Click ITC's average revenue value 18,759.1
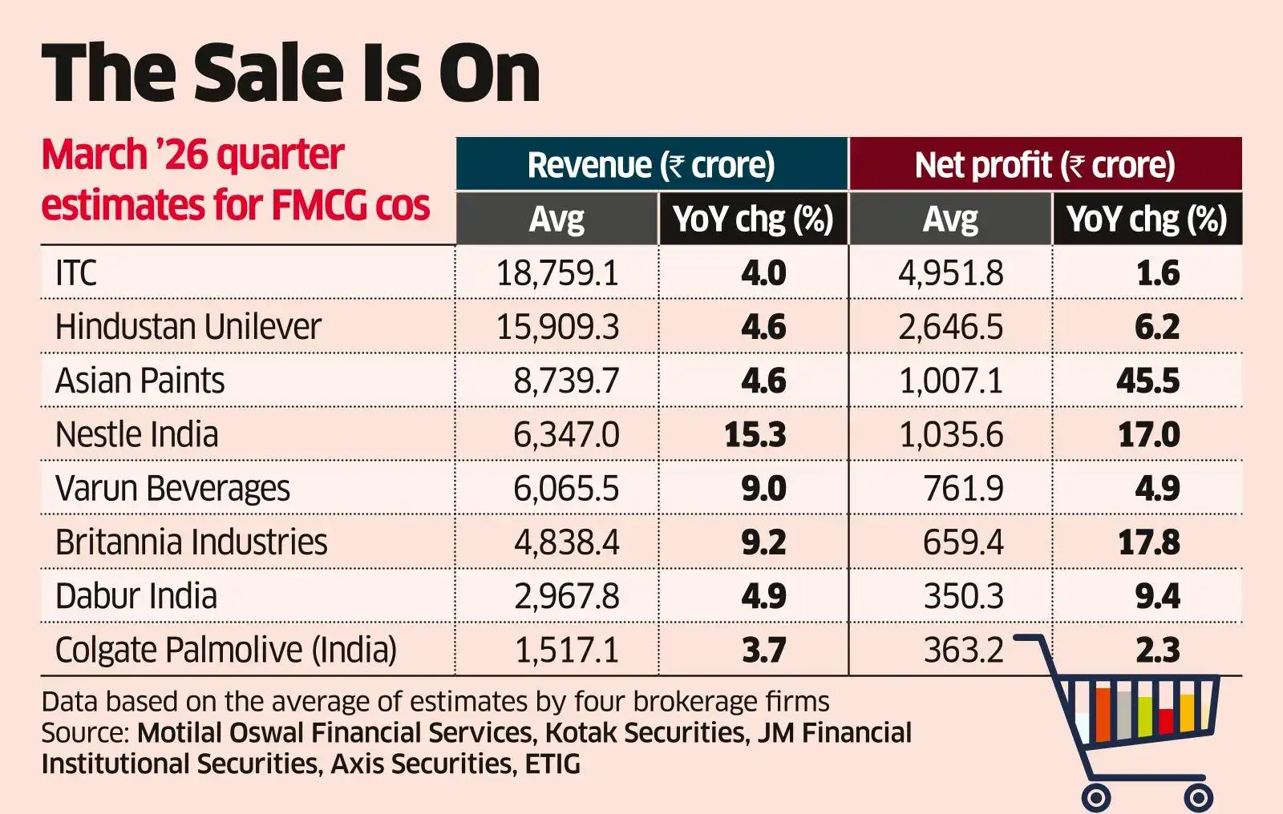(x=557, y=273)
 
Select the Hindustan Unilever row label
(x=188, y=327)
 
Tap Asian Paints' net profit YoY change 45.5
(x=1147, y=381)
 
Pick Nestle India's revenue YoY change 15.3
(x=755, y=434)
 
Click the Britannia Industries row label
(x=191, y=542)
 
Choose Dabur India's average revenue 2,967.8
(x=566, y=596)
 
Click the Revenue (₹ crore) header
(x=651, y=165)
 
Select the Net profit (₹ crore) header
(x=1044, y=165)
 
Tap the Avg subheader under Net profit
(x=950, y=219)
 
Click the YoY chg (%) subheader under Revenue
(x=753, y=219)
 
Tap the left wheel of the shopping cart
(x=1095, y=797)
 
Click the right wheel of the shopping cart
(x=1198, y=797)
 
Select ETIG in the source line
(x=552, y=764)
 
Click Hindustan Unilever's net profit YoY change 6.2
(x=1157, y=327)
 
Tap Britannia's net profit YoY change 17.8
(x=1148, y=542)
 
